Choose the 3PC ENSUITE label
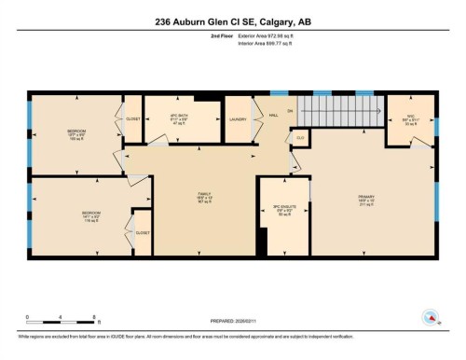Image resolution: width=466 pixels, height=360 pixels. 283,211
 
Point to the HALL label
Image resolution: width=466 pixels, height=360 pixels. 274,116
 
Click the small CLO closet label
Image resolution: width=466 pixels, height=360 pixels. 299,137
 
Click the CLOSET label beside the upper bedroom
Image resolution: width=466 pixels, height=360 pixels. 133,119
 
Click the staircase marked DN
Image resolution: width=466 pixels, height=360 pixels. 345,114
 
